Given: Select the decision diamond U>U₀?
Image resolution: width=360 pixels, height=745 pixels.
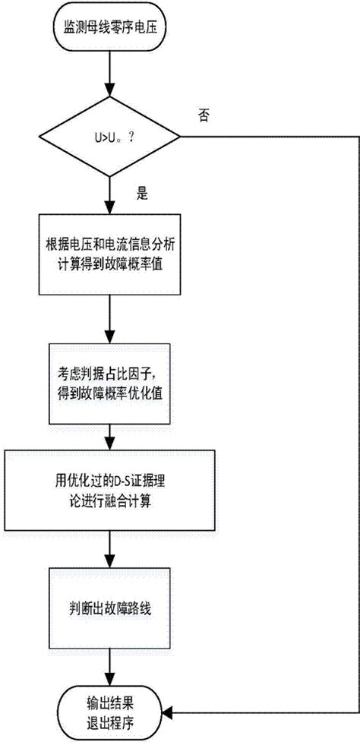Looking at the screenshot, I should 112,139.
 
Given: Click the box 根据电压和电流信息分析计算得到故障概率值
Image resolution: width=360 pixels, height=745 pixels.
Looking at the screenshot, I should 112,254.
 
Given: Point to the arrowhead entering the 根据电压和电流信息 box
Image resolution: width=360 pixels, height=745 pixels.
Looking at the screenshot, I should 112,209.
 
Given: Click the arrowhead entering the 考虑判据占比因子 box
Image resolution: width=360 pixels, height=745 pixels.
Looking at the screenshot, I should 112,340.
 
